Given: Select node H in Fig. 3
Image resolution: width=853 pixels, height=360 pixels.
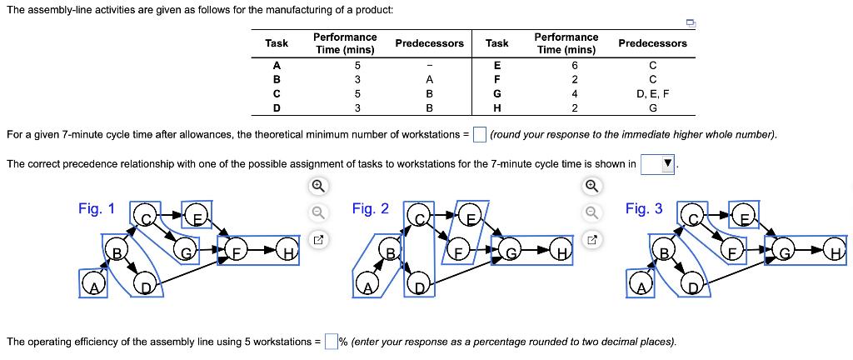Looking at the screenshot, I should tap(834, 248).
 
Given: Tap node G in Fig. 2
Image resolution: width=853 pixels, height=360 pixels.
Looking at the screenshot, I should tap(512, 248).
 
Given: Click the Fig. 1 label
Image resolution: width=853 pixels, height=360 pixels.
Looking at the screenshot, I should tap(97, 209).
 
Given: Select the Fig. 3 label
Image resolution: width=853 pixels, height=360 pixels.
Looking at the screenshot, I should tap(644, 209).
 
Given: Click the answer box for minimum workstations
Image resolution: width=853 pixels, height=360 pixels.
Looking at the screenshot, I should tap(479, 135).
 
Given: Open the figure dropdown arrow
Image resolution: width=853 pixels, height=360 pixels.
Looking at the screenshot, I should tap(666, 164).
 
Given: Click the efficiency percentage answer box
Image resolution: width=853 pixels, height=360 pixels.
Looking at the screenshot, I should tap(331, 341).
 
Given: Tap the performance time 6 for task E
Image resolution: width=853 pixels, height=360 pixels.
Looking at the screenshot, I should tap(574, 65).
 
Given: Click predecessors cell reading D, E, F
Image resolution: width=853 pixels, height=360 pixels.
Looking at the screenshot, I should tap(652, 93).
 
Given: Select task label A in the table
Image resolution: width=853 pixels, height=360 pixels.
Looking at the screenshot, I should tap(277, 65).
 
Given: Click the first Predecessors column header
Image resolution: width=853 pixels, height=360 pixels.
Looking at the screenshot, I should tap(429, 43).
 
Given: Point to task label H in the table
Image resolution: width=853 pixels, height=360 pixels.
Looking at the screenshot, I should tap(497, 107).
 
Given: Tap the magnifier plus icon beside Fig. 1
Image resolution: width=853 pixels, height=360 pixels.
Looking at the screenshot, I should tap(317, 186).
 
